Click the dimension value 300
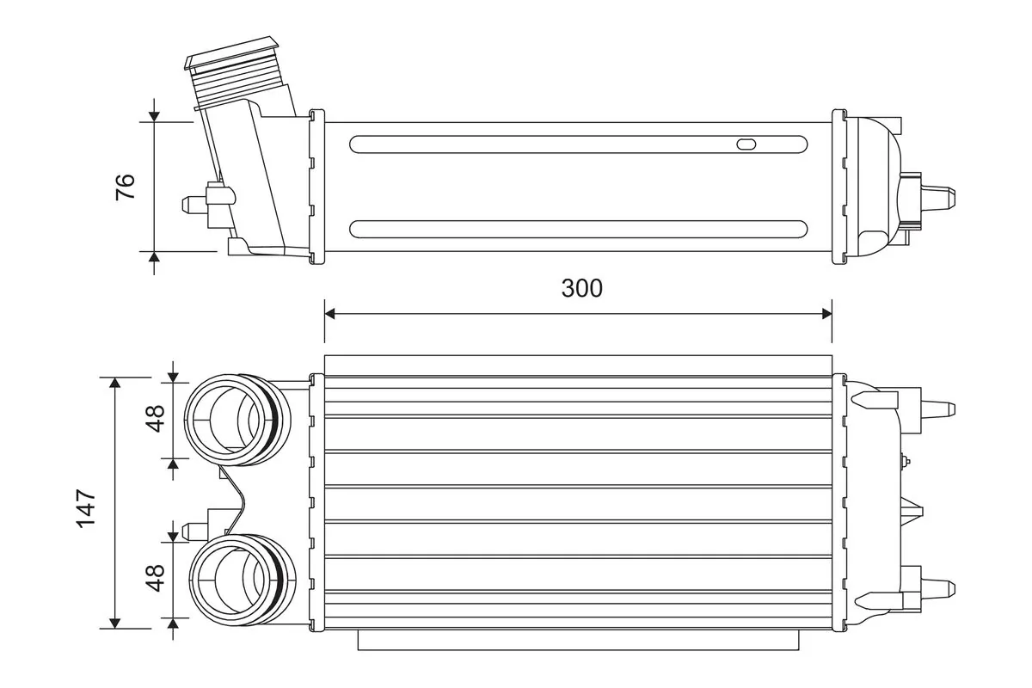click(x=581, y=288)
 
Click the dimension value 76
click(x=126, y=187)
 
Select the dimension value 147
click(x=86, y=508)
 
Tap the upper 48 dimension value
click(x=156, y=419)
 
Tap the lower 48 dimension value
click(x=156, y=578)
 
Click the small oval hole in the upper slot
click(x=746, y=144)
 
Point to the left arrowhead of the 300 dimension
click(x=330, y=314)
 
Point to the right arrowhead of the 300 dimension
click(x=826, y=314)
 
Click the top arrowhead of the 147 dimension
click(x=115, y=383)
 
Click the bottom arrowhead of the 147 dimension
click(x=115, y=623)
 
